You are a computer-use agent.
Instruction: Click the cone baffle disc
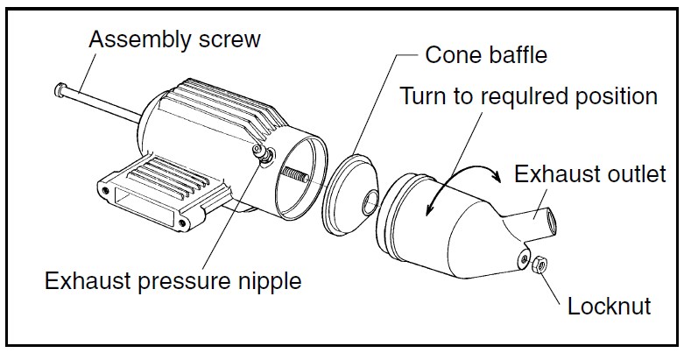point(347,197)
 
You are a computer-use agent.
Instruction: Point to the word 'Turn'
point(424,95)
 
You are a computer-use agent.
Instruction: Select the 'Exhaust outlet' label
point(589,173)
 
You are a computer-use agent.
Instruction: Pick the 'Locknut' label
point(609,306)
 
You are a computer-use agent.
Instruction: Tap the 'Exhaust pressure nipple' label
point(173,282)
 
